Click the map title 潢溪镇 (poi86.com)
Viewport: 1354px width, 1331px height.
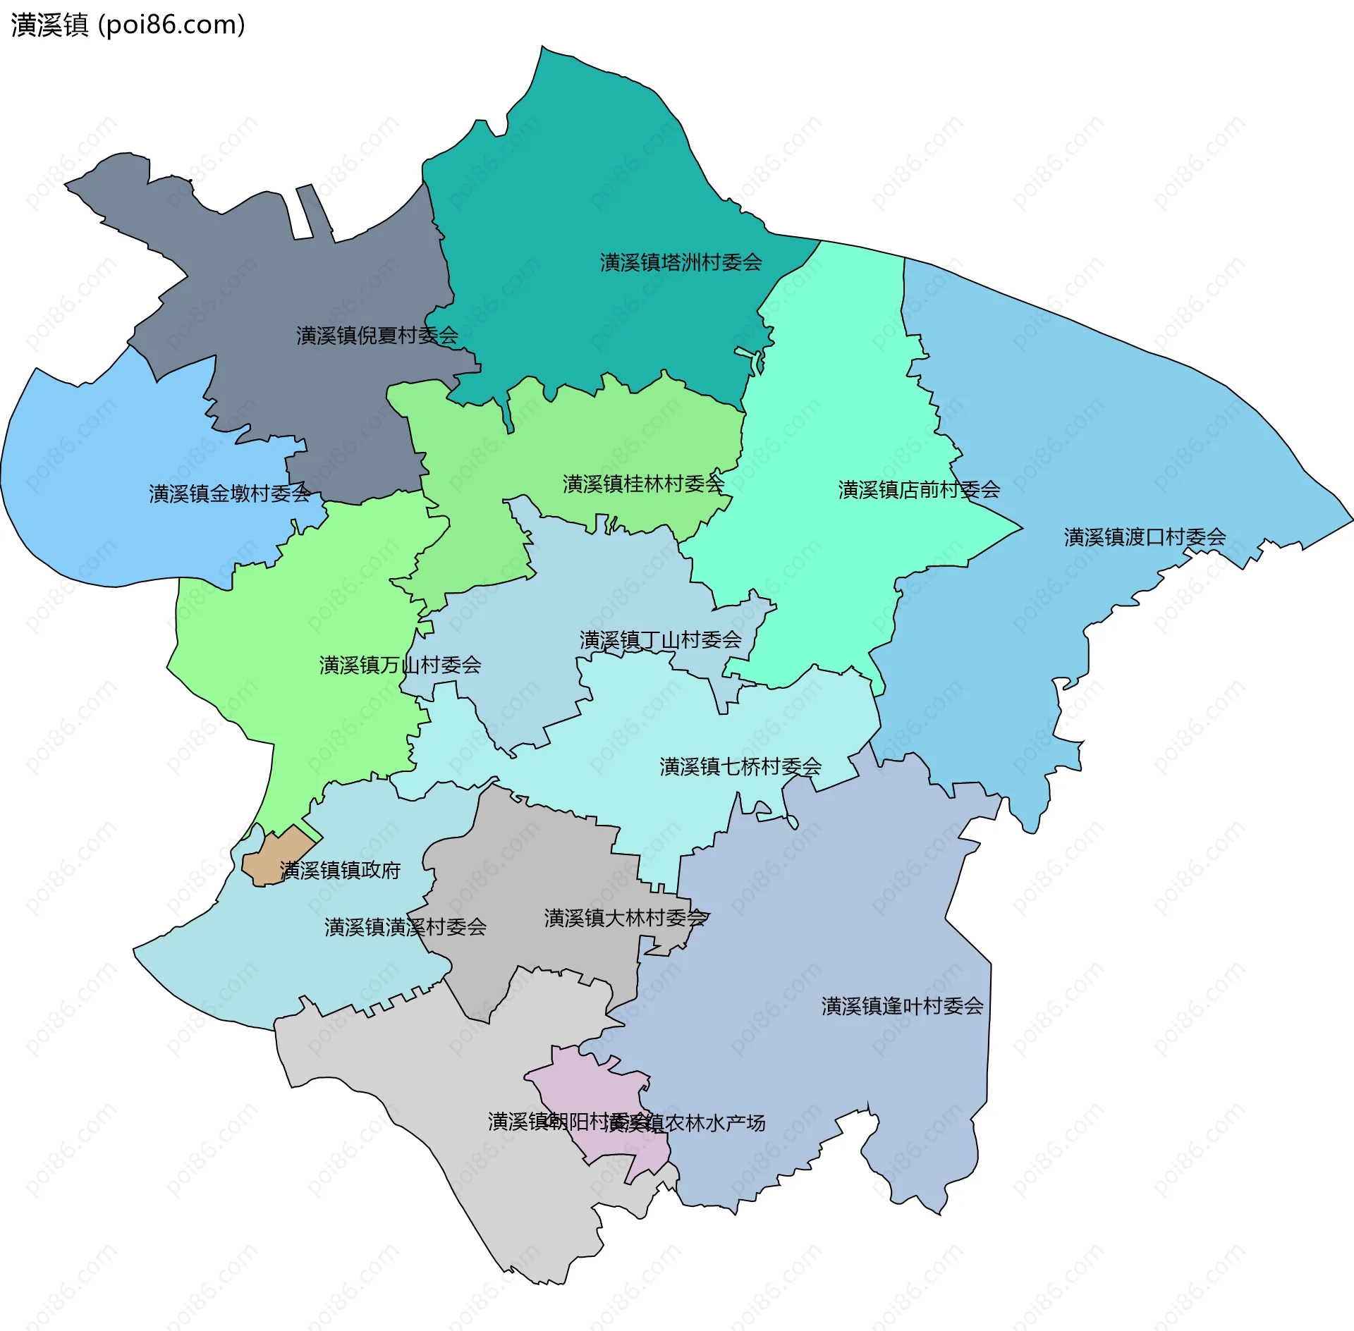[x=128, y=25]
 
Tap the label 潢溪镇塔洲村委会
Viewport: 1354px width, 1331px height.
[x=681, y=263]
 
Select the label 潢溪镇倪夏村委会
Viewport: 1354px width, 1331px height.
[x=377, y=336]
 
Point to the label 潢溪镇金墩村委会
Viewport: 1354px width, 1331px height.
[x=229, y=493]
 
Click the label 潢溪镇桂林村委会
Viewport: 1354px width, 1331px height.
[x=643, y=484]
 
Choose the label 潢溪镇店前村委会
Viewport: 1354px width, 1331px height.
[x=919, y=490]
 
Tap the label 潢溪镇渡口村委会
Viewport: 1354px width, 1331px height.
[x=1145, y=537]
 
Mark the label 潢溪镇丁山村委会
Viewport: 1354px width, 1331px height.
[x=660, y=640]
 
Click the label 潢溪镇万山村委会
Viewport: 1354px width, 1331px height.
[x=400, y=665]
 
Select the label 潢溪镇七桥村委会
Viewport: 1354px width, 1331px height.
[x=740, y=766]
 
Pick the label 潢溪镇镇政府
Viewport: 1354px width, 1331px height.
[x=340, y=871]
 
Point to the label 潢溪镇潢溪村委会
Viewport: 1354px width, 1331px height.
[x=405, y=927]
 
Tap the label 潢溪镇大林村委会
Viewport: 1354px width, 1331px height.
[x=625, y=918]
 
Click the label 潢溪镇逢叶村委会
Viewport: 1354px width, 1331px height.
[x=902, y=1006]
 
